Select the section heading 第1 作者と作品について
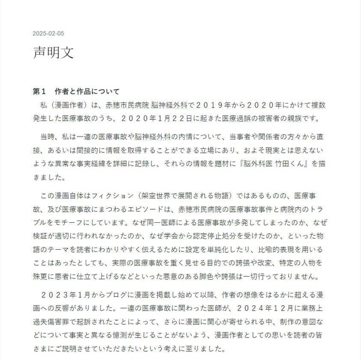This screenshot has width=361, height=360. pos(76,91)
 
